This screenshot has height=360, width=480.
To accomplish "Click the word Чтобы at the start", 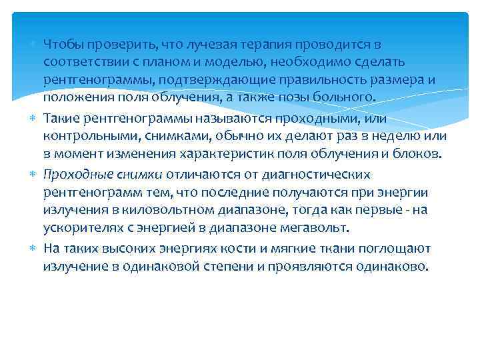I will [x=61, y=44].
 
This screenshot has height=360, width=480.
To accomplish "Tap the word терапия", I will [x=263, y=44].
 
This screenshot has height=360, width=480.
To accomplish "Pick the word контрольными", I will [x=83, y=137].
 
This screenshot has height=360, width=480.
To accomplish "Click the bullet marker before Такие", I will [x=34, y=118].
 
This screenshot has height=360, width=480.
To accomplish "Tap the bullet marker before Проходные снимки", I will [x=34, y=174].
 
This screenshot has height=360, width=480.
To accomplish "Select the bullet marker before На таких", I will [x=34, y=249].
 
